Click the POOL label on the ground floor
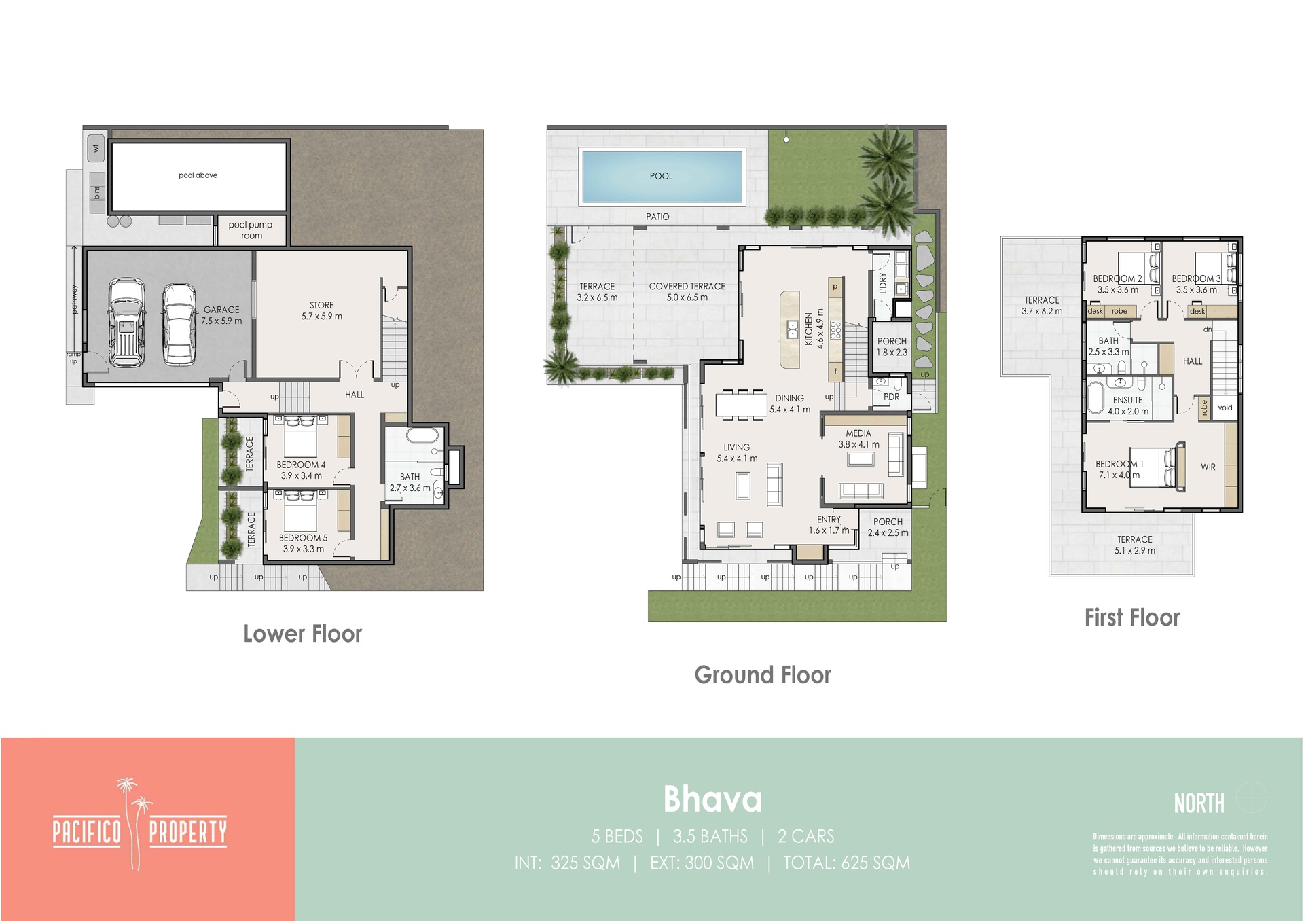coord(661,176)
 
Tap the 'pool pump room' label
coord(251,230)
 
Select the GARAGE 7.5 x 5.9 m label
coord(221,315)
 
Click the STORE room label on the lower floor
coord(322,310)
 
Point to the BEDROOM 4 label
coord(301,470)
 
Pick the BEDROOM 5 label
coord(303,543)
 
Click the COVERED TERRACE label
coord(687,291)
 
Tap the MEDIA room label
coord(858,439)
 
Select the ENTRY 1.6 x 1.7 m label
coord(829,525)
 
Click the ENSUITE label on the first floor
coord(1128,405)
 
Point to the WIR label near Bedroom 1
coord(1208,467)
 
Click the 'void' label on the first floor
coord(1225,408)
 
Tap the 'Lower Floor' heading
coord(303,634)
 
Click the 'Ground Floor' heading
coord(763,674)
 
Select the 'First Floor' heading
coord(1132,617)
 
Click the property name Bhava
coord(712,799)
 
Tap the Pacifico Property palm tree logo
coord(139,825)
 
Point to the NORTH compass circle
coord(1252,797)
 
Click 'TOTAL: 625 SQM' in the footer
coord(846,863)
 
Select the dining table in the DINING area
coord(741,404)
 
